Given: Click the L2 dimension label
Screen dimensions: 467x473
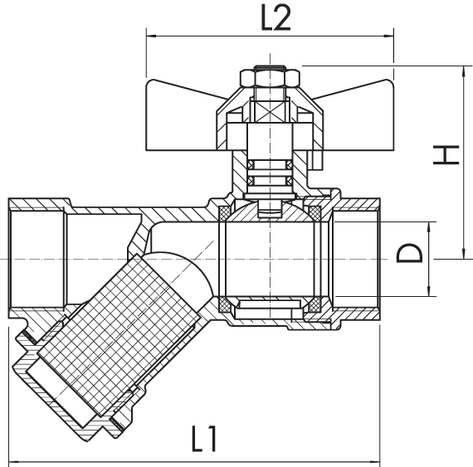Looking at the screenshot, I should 276,17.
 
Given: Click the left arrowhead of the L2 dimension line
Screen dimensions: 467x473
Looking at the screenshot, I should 151,36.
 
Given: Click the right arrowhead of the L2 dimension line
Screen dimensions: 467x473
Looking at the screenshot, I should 388,36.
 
